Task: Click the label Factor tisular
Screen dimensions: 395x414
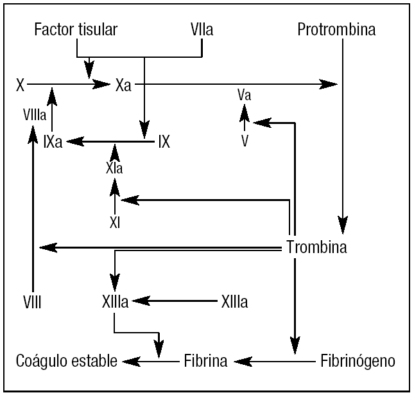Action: coord(77,30)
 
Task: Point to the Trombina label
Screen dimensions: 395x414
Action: coord(316,247)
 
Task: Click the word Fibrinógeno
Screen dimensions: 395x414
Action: coord(358,361)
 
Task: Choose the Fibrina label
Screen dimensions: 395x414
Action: coord(205,361)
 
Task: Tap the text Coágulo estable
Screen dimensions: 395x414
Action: coord(66,361)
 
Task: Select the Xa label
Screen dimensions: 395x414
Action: coord(124,84)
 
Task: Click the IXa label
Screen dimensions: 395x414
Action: coord(53,142)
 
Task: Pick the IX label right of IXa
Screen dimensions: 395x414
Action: coord(164,142)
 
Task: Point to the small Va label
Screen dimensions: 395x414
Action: coord(244,96)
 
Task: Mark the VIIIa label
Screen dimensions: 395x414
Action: coord(34,115)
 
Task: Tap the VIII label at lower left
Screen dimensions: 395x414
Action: coord(31,301)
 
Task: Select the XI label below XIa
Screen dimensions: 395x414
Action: coord(115,223)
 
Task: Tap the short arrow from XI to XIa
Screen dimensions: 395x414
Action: coord(115,198)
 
